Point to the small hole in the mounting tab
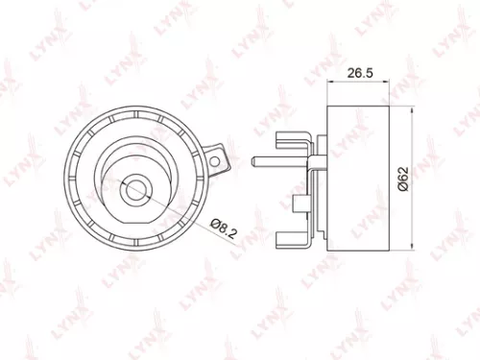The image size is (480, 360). point(220,158)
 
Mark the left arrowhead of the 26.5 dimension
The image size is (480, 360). point(330,82)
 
